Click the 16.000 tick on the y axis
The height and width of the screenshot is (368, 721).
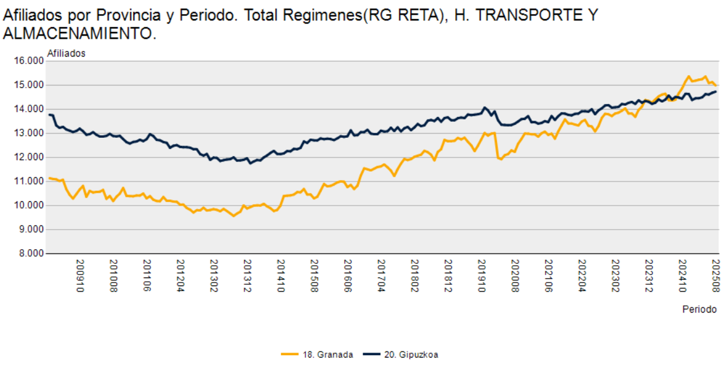tap(26, 61)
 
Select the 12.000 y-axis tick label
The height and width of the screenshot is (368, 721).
tap(26, 157)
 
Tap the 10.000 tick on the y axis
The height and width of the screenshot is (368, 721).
tap(26, 206)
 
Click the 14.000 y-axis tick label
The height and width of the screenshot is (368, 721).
tap(26, 109)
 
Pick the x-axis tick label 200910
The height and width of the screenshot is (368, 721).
tap(80, 275)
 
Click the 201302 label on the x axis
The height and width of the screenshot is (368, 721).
tap(214, 275)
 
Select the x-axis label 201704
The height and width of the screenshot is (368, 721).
tap(382, 275)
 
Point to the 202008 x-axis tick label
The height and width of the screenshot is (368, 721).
tap(516, 275)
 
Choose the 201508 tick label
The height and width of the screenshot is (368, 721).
tap(315, 275)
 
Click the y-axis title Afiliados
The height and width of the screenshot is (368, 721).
tap(66, 53)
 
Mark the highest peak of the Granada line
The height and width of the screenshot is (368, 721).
tap(688, 76)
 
